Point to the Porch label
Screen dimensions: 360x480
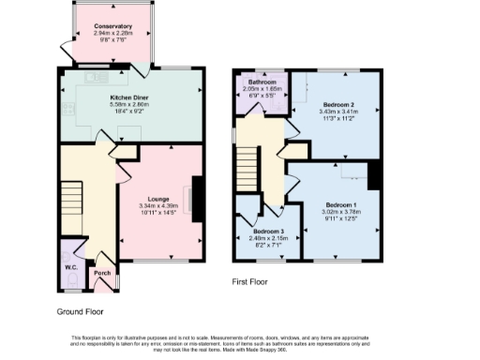tap(102, 275)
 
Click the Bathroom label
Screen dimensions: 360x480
tap(262, 82)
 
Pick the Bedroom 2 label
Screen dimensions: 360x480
tap(337, 103)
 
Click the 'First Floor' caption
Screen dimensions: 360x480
tap(252, 280)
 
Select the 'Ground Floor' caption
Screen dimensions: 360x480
tap(80, 310)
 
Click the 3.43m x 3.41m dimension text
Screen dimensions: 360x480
tap(337, 111)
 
